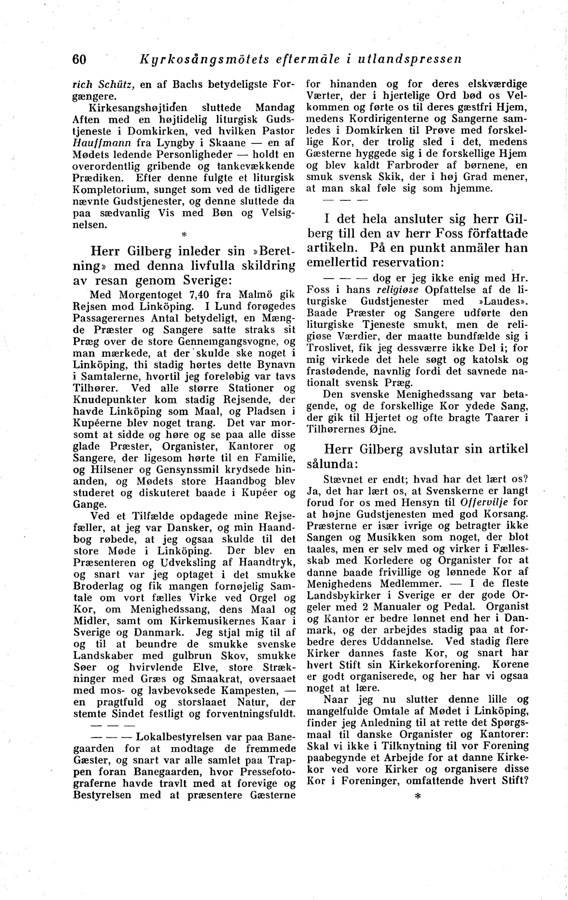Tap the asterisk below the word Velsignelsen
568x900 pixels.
(x=184, y=235)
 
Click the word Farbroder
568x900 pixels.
(x=415, y=165)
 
